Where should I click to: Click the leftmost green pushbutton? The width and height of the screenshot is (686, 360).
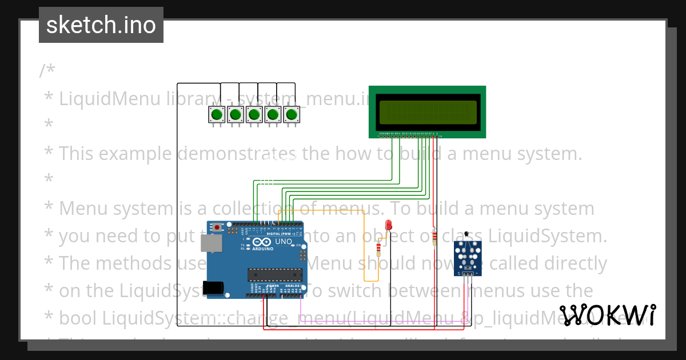coord(217,115)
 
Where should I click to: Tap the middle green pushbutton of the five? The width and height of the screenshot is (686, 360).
coord(254,115)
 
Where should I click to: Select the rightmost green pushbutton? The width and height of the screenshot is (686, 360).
coord(292,115)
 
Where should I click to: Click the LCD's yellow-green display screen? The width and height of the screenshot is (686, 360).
coord(428,112)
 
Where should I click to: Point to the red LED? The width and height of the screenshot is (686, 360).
coord(389,225)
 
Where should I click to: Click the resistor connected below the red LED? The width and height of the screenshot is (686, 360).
coord(378,249)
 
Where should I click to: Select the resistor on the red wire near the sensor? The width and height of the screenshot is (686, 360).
coord(434,237)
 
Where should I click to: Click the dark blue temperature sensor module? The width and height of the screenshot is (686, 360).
coord(468,257)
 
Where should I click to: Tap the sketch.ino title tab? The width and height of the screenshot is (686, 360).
coord(101,25)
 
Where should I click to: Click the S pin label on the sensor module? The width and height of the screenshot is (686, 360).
coord(459,274)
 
